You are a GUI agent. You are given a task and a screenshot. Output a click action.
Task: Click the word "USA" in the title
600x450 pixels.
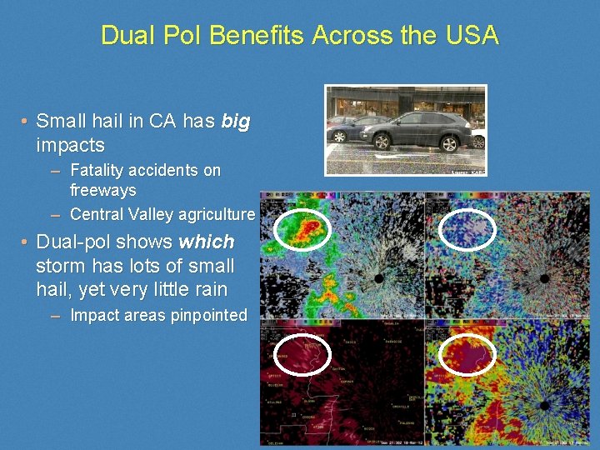click(x=471, y=36)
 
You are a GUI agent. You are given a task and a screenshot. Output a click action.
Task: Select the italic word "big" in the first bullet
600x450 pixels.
click(x=236, y=122)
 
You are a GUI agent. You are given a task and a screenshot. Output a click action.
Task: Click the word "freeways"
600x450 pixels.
click(x=103, y=191)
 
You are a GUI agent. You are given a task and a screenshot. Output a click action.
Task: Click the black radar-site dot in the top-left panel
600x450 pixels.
click(x=379, y=277)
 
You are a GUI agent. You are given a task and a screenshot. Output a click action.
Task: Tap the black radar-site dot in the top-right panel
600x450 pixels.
click(x=544, y=277)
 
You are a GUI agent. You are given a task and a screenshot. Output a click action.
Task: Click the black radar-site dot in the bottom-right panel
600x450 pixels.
click(x=544, y=405)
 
